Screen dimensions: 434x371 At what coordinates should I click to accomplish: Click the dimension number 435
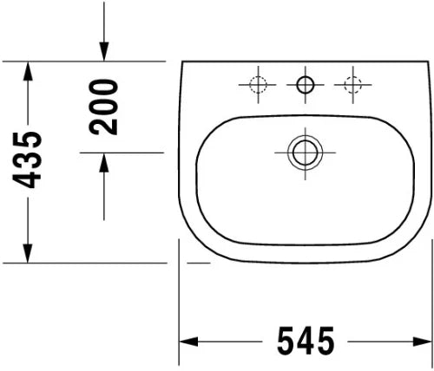pos(27,159)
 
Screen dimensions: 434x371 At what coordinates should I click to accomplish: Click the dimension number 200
pos(103,107)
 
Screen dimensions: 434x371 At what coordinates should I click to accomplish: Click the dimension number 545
pos(306,341)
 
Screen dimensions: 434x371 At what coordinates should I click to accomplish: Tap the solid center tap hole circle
pos(306,85)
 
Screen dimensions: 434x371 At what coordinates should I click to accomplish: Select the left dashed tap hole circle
pos(258,85)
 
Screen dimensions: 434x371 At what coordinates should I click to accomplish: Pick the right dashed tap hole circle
pos(352,85)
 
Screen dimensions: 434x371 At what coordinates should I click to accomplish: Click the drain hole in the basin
pos(306,153)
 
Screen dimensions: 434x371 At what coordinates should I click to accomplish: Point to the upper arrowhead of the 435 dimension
pos(28,71)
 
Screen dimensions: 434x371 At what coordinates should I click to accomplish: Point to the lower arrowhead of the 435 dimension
pos(28,253)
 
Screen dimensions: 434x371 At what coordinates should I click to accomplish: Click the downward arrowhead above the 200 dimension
pos(104,52)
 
